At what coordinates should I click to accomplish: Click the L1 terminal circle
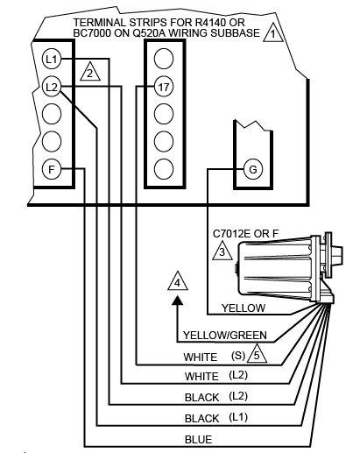tap(52, 60)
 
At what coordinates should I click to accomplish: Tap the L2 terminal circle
tap(52, 87)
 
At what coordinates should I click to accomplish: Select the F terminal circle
tap(52, 169)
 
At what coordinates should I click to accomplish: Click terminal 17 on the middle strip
tap(164, 87)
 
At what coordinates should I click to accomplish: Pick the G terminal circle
tap(253, 169)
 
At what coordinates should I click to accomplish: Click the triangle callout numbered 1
tap(273, 32)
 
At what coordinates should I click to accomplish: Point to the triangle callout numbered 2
tap(90, 72)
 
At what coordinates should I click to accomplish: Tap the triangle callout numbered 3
tap(222, 251)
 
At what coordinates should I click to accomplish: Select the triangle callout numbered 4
tap(178, 281)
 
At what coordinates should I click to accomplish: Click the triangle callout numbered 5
tap(257, 354)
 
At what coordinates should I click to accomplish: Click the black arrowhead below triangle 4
tap(177, 301)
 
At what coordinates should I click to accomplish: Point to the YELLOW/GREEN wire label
tap(225, 335)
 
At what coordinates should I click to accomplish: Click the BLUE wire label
tap(199, 440)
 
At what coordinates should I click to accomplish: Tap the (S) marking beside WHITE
tap(238, 356)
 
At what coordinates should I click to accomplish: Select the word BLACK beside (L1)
tap(201, 419)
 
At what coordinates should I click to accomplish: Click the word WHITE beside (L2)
tap(201, 377)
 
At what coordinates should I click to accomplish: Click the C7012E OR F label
tap(245, 234)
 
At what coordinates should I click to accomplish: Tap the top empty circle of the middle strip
tap(164, 59)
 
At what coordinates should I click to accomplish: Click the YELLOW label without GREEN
tap(244, 308)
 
